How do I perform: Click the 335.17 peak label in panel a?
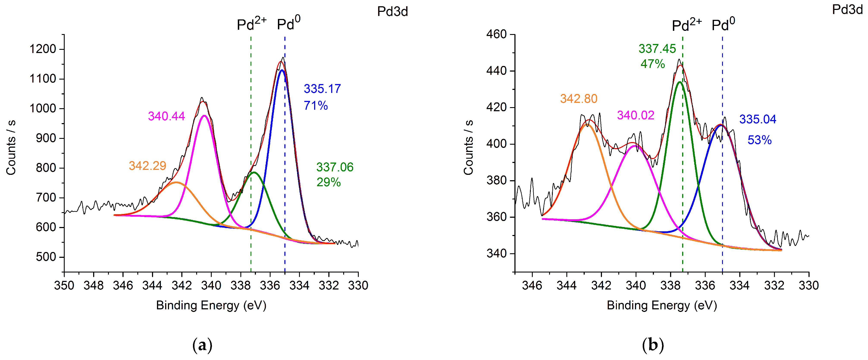coord(322,89)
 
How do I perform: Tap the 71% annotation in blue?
coord(316,106)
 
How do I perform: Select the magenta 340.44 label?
coord(166,116)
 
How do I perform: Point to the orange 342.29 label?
coord(147,166)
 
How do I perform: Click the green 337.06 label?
coord(335,167)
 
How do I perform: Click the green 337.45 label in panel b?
coord(657,49)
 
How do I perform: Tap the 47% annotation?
coord(653,64)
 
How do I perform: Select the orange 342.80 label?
coord(578,99)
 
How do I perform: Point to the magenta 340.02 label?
coord(636,116)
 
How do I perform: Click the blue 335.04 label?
coord(757,119)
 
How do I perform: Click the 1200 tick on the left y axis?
coord(42,49)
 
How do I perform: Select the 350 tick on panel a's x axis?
coord(64,286)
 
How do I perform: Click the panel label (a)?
coord(202,345)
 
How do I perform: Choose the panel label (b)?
coord(653,345)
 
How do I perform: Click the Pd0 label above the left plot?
coord(288,23)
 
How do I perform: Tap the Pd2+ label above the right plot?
coord(686,24)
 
